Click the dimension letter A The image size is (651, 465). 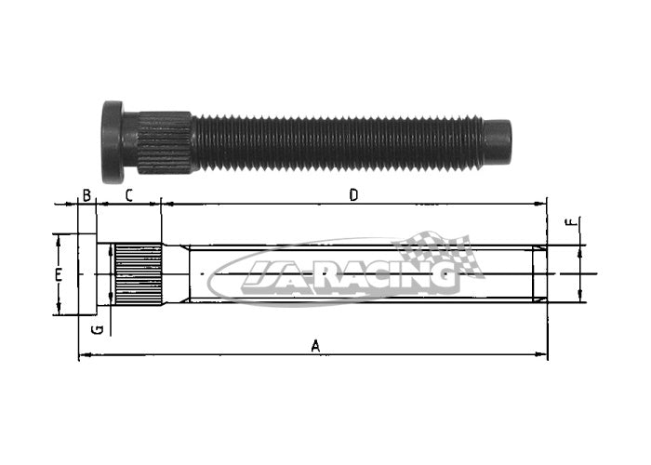click(x=315, y=345)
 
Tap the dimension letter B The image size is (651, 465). click(x=86, y=195)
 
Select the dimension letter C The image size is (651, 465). click(x=128, y=195)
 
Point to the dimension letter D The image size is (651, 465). click(x=353, y=194)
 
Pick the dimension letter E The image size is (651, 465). click(x=59, y=274)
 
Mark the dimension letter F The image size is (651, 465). click(x=572, y=222)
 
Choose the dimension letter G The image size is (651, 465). click(x=98, y=329)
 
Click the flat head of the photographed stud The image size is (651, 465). click(x=113, y=141)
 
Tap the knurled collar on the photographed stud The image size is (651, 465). click(x=166, y=142)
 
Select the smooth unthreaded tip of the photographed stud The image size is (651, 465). click(x=498, y=140)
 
